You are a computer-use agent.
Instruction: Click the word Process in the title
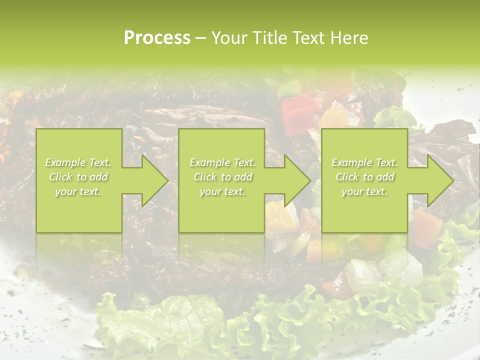point(157,38)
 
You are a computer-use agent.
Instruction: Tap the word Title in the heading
point(268,38)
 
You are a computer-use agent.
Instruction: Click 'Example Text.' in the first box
point(78,162)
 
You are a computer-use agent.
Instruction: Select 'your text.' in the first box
point(78,191)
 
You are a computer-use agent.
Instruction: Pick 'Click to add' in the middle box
point(222,177)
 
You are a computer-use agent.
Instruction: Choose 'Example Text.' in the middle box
point(222,162)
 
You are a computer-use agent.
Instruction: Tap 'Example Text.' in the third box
point(364,162)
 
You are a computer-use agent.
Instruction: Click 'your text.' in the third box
point(364,191)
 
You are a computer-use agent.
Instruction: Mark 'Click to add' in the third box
point(364,177)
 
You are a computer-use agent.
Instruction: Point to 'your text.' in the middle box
point(222,191)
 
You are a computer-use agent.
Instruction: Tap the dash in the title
point(200,38)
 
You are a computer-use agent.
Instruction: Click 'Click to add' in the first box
point(78,177)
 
